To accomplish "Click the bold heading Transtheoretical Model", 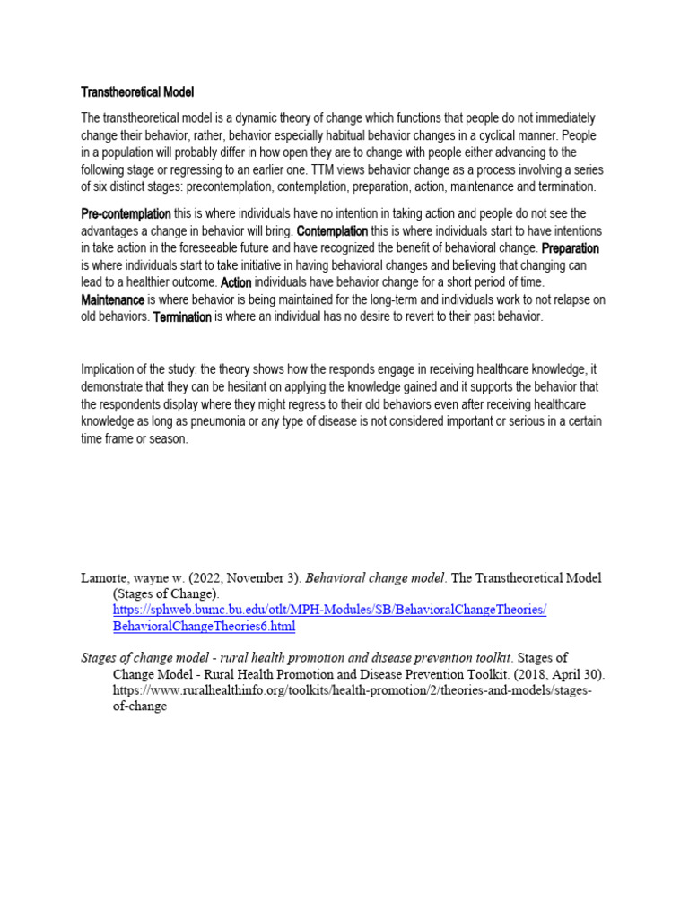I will [137, 92].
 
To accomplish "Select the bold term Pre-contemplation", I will [126, 213].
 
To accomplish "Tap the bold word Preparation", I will [571, 248].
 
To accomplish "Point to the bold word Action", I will [236, 282].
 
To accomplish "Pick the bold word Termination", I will [182, 317].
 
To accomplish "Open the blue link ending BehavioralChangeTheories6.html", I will [204, 626].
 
